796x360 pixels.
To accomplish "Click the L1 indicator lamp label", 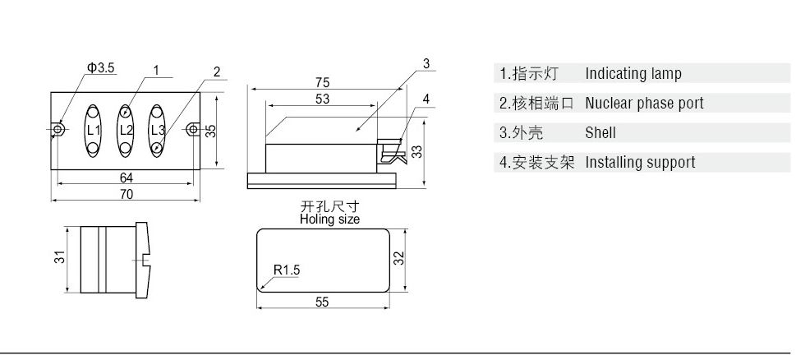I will coord(93,131).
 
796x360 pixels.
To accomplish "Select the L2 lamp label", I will coord(126,131).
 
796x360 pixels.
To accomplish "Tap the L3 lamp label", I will coord(158,130).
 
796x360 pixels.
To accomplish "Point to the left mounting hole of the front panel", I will coord(58,130).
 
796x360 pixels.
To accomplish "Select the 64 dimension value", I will coord(127,178).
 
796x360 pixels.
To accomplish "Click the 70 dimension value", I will coord(127,195).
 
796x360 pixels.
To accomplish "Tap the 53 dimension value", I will coord(322,99).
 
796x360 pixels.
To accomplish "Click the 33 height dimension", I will coord(416,152).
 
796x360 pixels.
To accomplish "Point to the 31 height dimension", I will coord(59,257).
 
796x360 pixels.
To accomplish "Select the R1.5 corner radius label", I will coord(287,270).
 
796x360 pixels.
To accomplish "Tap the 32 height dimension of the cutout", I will coord(398,258).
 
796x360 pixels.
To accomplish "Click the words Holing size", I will coord(329,219).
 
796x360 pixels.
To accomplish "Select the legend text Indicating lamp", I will coord(633,74).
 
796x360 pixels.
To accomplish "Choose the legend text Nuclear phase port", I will coord(644,104).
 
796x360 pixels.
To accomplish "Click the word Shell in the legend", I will coord(600,132).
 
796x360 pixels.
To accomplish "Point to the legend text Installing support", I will coord(640,162).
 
